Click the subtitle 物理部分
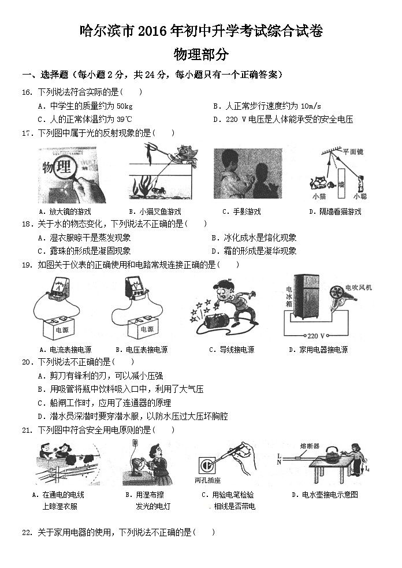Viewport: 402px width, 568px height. [200, 55]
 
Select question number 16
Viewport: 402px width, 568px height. [27, 92]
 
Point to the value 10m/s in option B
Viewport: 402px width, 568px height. [306, 106]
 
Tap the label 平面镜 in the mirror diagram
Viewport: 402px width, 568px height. [352, 151]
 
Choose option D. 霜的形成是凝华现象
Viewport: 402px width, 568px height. [254, 251]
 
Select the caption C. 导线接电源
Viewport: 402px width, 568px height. [232, 350]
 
